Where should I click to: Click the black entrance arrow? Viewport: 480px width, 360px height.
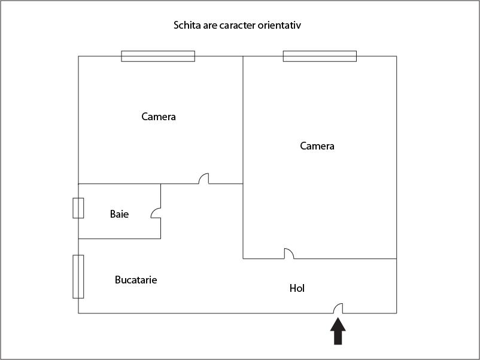[x=338, y=331]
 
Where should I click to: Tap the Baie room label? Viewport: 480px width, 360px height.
[x=119, y=214]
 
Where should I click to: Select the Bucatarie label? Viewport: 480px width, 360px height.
[x=136, y=279]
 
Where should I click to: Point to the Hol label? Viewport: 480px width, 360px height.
[x=297, y=288]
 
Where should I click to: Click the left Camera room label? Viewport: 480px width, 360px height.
[x=159, y=117]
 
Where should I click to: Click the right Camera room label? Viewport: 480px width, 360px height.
[x=317, y=146]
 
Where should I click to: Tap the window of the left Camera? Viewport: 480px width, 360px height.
[x=158, y=56]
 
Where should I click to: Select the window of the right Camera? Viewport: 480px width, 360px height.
[x=320, y=56]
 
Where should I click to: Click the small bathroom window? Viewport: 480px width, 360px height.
[x=78, y=208]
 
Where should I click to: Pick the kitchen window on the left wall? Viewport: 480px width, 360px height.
[x=78, y=276]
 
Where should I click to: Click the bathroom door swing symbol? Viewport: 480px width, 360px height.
[x=156, y=213]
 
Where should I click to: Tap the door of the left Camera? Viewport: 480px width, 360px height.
[x=204, y=179]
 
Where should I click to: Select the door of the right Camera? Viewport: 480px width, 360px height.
[x=289, y=254]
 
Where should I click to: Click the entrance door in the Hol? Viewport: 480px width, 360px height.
[x=338, y=309]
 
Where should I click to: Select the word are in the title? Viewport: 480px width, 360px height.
[x=209, y=25]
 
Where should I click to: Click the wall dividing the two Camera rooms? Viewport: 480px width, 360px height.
[x=243, y=120]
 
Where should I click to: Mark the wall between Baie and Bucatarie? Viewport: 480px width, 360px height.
[x=119, y=239]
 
